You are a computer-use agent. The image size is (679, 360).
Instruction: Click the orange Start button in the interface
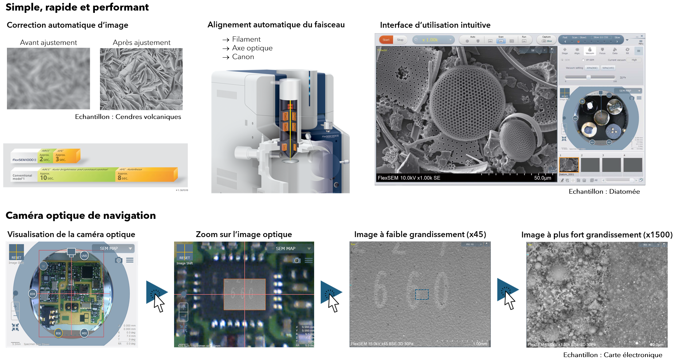[x=386, y=40]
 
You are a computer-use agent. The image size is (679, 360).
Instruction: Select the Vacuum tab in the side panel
[x=590, y=51]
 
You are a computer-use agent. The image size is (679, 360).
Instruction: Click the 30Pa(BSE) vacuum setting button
[x=592, y=68]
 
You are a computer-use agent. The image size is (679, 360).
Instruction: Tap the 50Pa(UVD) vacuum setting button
[x=608, y=68]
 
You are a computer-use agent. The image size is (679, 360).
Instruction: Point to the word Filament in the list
[x=246, y=39]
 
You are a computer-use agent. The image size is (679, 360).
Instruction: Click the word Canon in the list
[x=243, y=57]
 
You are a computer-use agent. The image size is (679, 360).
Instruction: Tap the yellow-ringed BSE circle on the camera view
[x=58, y=333]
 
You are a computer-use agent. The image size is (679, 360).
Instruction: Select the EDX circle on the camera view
[x=32, y=294]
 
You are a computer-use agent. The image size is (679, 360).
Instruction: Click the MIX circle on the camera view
[x=84, y=333]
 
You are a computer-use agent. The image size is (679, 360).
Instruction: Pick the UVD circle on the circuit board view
[x=84, y=256]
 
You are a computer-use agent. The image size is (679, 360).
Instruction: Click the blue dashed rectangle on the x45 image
[x=422, y=294]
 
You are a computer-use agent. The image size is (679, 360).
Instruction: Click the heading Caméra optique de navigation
[x=81, y=216]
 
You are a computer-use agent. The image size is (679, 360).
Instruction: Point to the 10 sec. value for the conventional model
[x=47, y=178]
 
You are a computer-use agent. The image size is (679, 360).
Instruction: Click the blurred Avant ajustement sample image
[x=49, y=78]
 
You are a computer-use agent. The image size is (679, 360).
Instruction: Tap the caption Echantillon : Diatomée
[x=604, y=191]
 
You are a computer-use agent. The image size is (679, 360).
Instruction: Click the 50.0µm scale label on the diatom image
[x=543, y=178]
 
